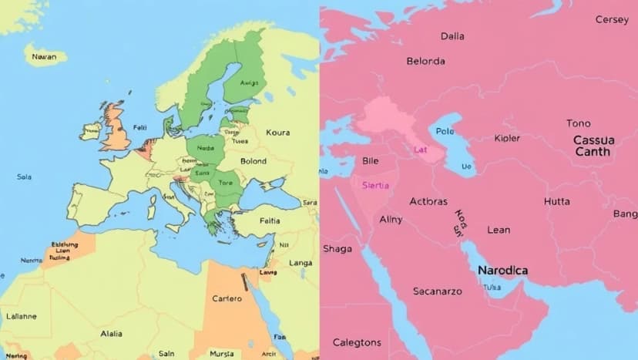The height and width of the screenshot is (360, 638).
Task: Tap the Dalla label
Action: coord(452,36)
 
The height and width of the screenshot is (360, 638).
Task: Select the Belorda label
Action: coord(425,61)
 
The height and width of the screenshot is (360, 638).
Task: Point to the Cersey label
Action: coord(612,20)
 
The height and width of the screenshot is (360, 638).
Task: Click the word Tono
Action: coord(579,123)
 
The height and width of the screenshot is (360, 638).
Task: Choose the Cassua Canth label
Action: coord(593,146)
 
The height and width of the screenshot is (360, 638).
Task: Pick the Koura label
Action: coord(277,133)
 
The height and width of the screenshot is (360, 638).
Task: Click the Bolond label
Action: coord(253,162)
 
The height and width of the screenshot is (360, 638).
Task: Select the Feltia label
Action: coord(270,220)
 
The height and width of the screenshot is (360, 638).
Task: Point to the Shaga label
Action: coord(337,248)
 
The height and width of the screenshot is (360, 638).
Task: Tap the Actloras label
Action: coord(428,202)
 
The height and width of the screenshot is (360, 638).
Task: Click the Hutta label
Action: coord(556,201)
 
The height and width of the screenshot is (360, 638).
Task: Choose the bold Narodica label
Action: coord(502,271)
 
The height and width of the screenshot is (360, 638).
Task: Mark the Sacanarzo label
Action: coord(436,291)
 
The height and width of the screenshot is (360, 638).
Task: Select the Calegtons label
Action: coord(356,342)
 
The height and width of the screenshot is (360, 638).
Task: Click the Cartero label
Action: coord(227,298)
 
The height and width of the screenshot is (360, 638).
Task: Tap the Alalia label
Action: coord(111,334)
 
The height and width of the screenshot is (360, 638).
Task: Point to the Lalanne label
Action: coord(21,316)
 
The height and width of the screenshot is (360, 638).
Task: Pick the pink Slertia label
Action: coord(375,186)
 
